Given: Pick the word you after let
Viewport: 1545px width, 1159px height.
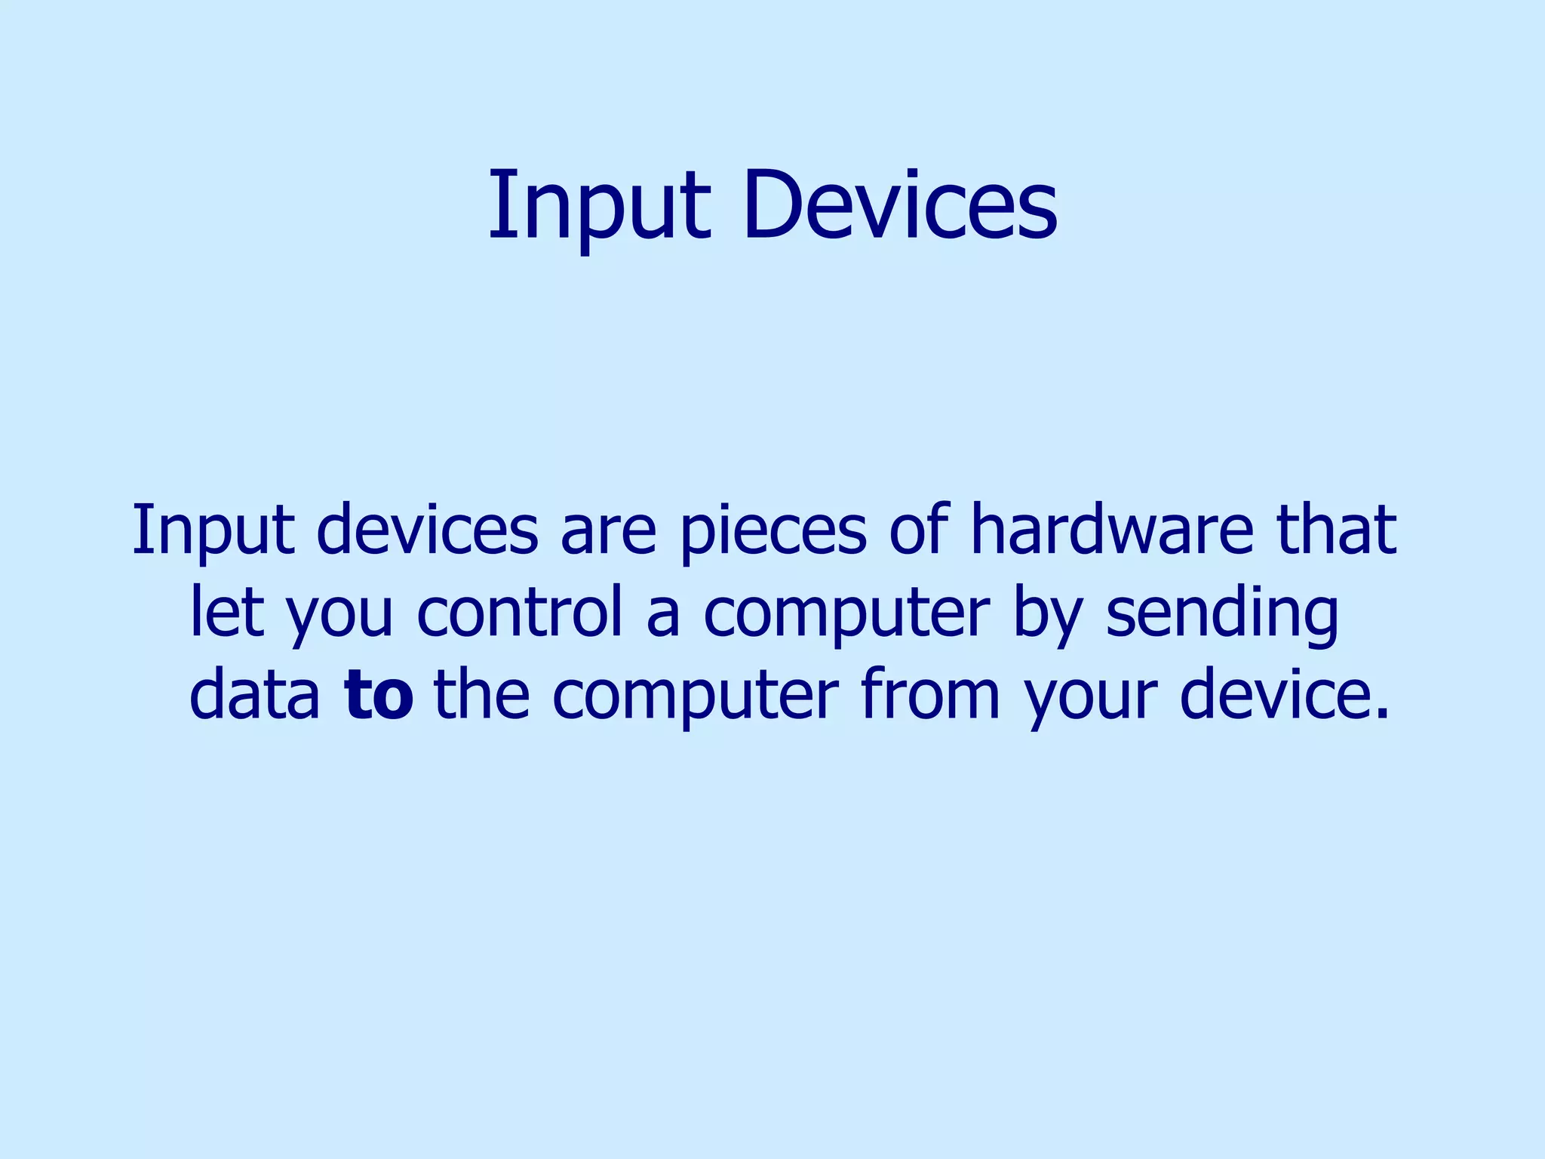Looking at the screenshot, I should click(x=339, y=615).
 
